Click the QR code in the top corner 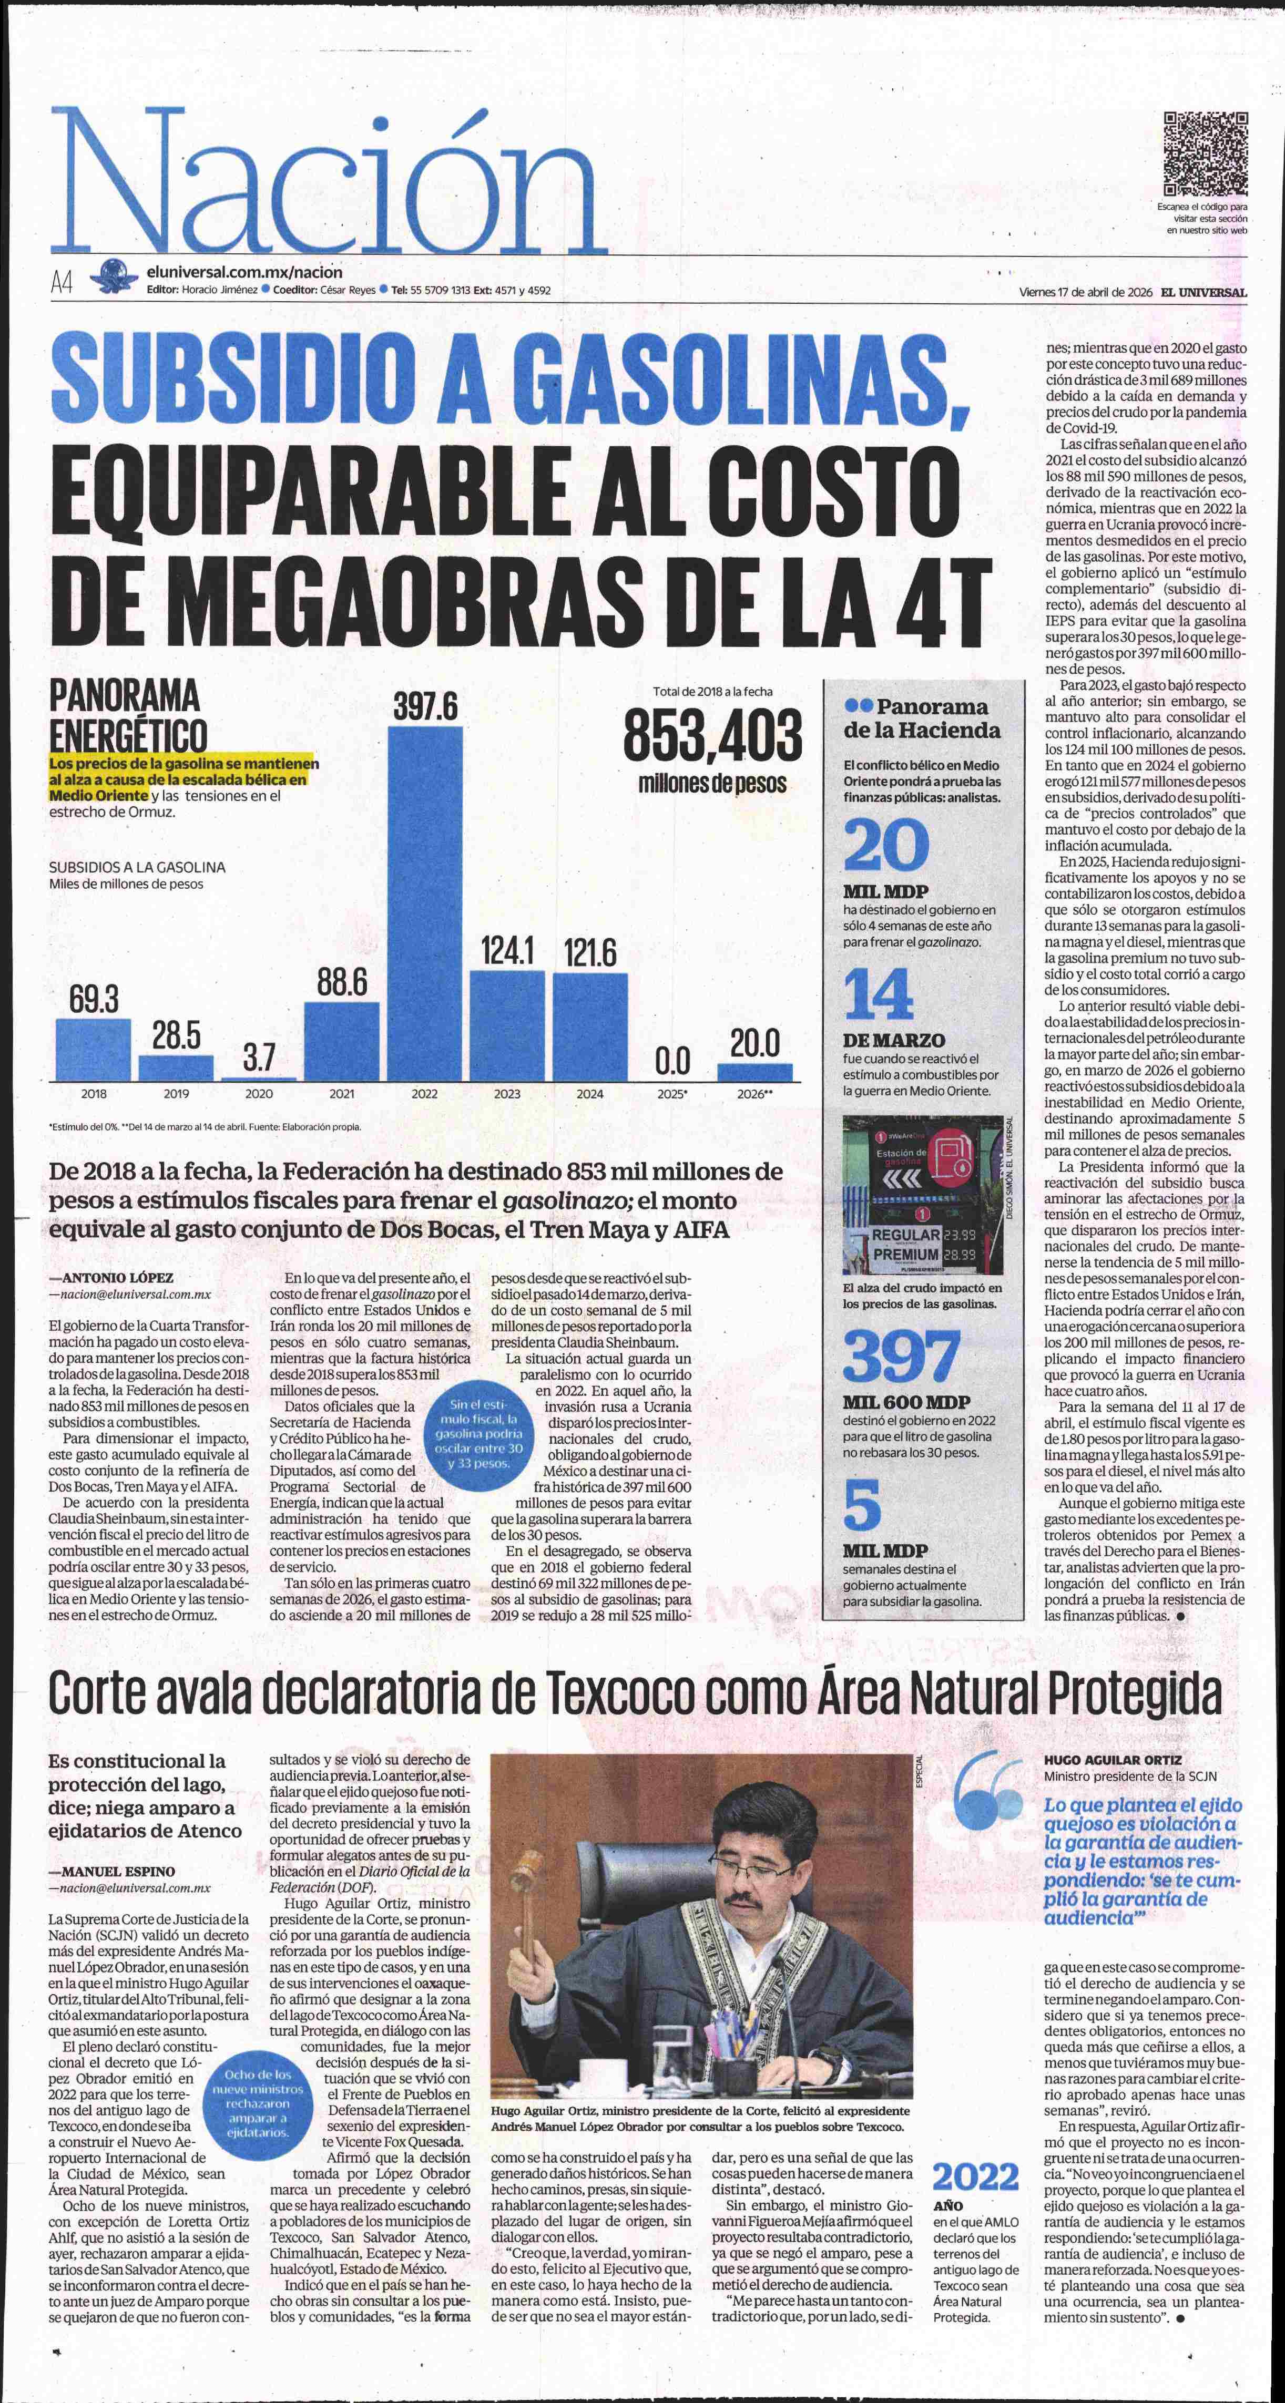pos(1206,153)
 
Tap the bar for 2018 pos(93,1050)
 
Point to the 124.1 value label pos(507,951)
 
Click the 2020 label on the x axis pos(259,1093)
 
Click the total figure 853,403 pos(712,734)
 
